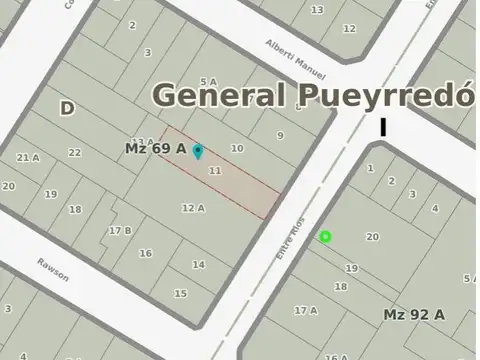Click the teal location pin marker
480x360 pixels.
pos(198,151)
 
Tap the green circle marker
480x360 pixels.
pos(325,237)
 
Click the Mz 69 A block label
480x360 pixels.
pos(155,148)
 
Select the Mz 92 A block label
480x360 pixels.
pos(414,314)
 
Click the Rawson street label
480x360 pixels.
pos(53,270)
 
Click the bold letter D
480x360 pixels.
pos(67,108)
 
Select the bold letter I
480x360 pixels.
pos(383,127)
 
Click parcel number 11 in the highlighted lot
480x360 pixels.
pos(214,171)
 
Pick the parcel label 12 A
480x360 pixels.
pos(193,208)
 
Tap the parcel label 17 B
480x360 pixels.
pos(120,230)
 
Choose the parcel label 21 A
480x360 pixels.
pos(28,157)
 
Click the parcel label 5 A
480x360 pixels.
pos(208,82)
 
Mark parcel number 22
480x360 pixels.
pos(74,152)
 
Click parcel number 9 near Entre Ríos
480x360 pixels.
pos(281,135)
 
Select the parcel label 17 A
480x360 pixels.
pos(305,310)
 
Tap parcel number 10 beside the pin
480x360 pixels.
pos(237,148)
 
